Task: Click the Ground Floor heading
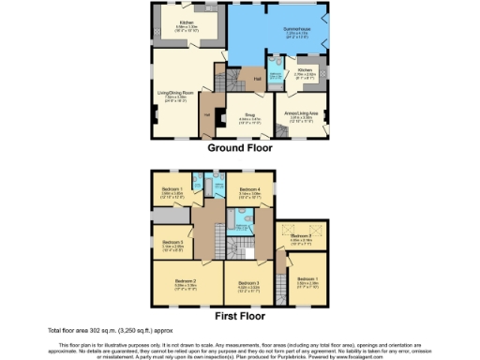point(241,147)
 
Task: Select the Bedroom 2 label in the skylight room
point(300,235)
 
